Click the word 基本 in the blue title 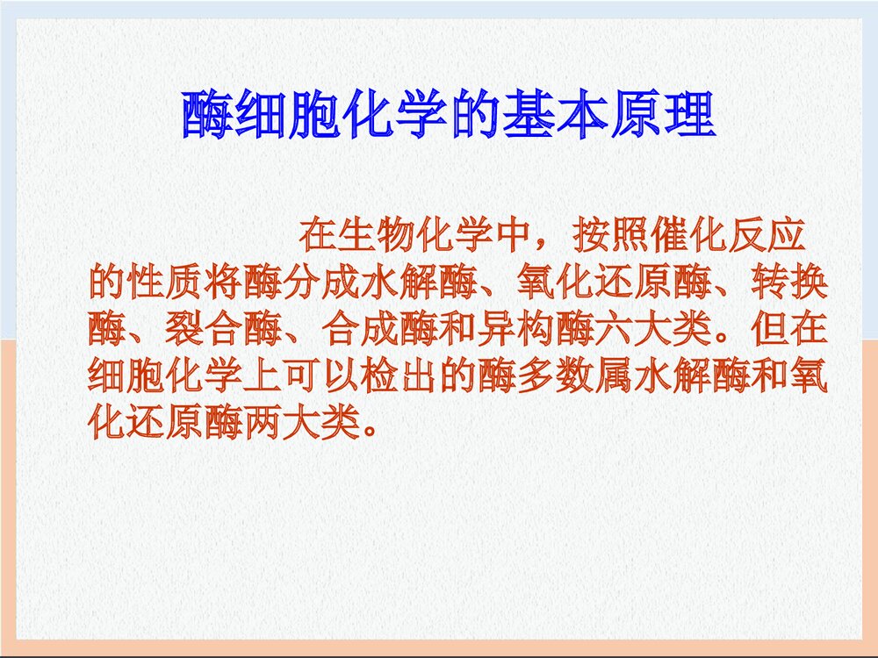click(554, 116)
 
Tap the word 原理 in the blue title click(661, 116)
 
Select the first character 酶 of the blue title click(207, 116)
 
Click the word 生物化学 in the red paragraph click(416, 236)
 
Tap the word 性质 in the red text click(166, 283)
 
